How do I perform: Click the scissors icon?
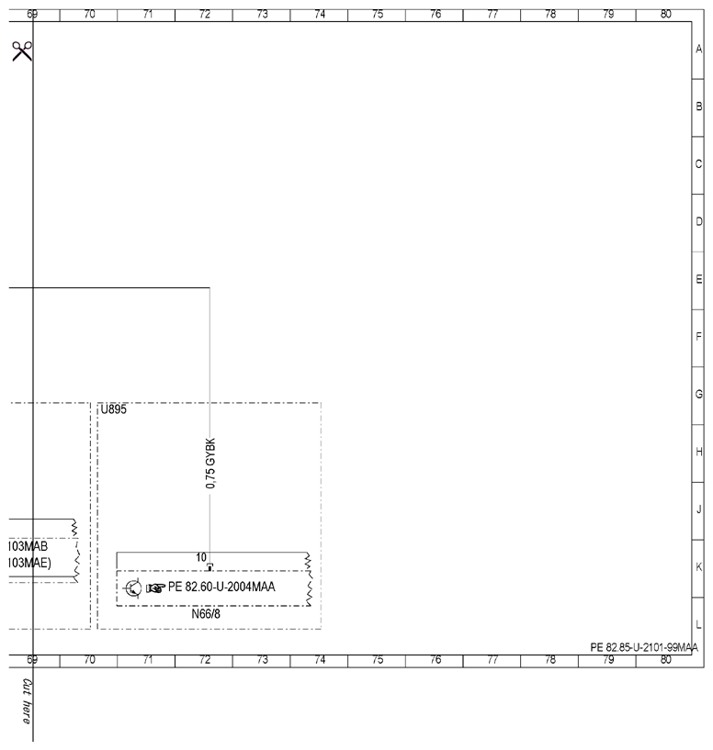click(x=22, y=51)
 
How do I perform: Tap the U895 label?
click(x=114, y=409)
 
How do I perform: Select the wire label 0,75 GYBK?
click(x=210, y=463)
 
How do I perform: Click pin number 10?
click(x=201, y=557)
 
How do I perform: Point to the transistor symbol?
click(x=132, y=588)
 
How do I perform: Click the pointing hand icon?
click(x=155, y=588)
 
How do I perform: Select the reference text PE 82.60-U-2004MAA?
click(x=221, y=587)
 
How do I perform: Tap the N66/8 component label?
click(x=206, y=614)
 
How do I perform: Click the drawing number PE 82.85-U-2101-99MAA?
click(x=644, y=647)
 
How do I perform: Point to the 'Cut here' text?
click(x=28, y=701)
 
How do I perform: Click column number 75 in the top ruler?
click(x=378, y=15)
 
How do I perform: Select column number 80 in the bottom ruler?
click(x=665, y=660)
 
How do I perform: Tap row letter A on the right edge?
click(x=698, y=49)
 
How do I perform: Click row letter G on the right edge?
click(x=698, y=394)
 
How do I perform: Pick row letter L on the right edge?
click(x=698, y=624)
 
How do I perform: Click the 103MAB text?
click(x=28, y=546)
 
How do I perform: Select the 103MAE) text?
click(x=29, y=563)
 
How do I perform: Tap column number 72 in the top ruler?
click(x=205, y=15)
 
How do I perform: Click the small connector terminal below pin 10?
click(x=209, y=566)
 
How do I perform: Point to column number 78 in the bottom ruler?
click(x=550, y=660)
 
